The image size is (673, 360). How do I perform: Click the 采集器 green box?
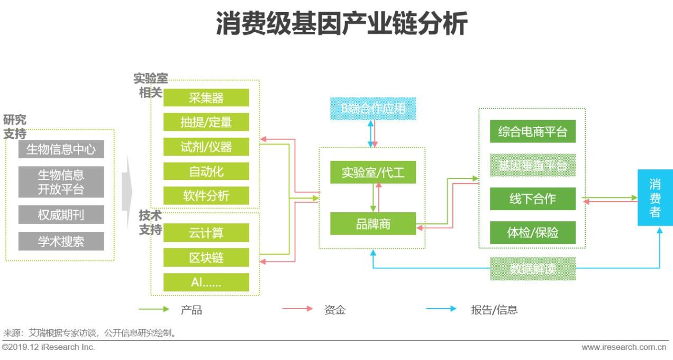[x=206, y=97]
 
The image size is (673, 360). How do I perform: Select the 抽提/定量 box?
[x=206, y=122]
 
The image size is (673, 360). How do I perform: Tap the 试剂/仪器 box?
[x=206, y=147]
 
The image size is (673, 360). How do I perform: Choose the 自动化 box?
[x=206, y=171]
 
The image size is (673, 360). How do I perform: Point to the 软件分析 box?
[x=206, y=195]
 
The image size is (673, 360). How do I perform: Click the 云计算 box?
[x=206, y=232]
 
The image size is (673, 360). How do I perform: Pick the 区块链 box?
[x=206, y=257]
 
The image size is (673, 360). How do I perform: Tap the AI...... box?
[x=206, y=282]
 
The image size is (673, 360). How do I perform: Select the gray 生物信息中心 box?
[x=61, y=149]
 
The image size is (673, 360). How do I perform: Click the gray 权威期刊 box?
[x=61, y=214]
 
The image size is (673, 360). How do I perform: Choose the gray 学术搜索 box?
[x=61, y=241]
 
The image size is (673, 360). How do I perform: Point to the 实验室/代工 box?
[x=373, y=172]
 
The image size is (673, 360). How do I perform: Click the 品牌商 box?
[x=373, y=223]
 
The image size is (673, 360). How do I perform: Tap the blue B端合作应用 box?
[x=373, y=109]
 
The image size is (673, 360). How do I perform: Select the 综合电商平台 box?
[x=532, y=131]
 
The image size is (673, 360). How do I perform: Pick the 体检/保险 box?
[x=532, y=232]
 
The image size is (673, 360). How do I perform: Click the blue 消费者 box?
[x=655, y=197]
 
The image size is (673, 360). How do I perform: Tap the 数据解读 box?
[x=532, y=268]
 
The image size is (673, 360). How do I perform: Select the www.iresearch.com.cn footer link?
[x=624, y=347]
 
